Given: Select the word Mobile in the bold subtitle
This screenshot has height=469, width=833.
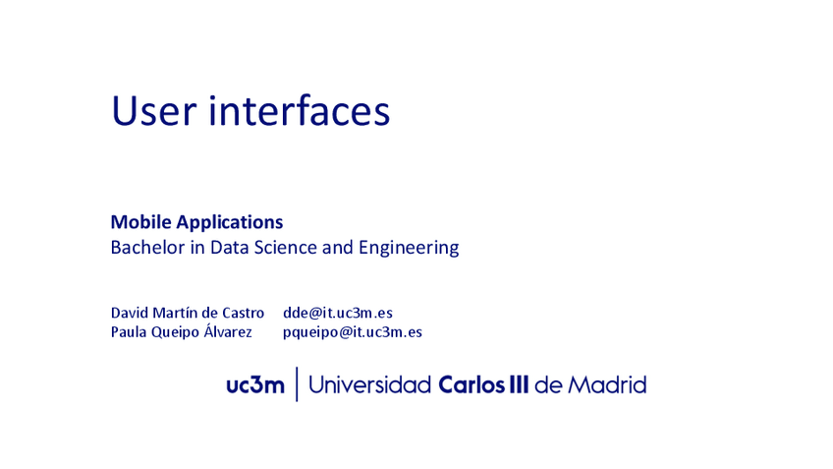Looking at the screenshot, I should [139, 222].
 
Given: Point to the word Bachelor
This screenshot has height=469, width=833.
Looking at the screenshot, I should [145, 248].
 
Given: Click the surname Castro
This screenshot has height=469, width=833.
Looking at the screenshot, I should [241, 313].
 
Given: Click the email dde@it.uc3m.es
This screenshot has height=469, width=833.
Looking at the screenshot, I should [338, 313].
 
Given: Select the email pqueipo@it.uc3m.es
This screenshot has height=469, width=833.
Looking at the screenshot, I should [353, 332].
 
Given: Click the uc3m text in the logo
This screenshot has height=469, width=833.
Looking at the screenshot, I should [254, 385].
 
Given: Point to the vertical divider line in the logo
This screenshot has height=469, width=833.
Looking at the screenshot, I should [297, 385].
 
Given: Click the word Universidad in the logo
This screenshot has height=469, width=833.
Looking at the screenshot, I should [369, 385].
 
